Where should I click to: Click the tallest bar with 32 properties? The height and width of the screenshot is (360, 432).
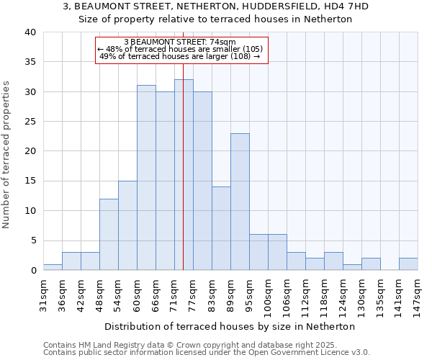184,175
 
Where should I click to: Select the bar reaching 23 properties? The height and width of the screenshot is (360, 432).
240,202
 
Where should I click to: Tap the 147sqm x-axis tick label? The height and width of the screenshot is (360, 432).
418,293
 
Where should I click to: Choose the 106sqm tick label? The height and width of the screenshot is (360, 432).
287,293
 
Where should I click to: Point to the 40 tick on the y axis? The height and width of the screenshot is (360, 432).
30,32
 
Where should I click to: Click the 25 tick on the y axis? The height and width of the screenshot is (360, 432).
30,122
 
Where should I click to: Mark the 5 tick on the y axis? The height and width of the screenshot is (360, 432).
32,240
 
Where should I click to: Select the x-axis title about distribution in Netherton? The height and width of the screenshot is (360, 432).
235,326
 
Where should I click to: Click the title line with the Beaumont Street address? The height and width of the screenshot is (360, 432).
215,6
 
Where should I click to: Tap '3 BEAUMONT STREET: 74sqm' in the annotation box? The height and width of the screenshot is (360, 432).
181,42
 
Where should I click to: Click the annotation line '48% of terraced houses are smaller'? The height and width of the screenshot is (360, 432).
181,49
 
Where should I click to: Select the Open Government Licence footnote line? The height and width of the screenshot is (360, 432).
206,352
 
